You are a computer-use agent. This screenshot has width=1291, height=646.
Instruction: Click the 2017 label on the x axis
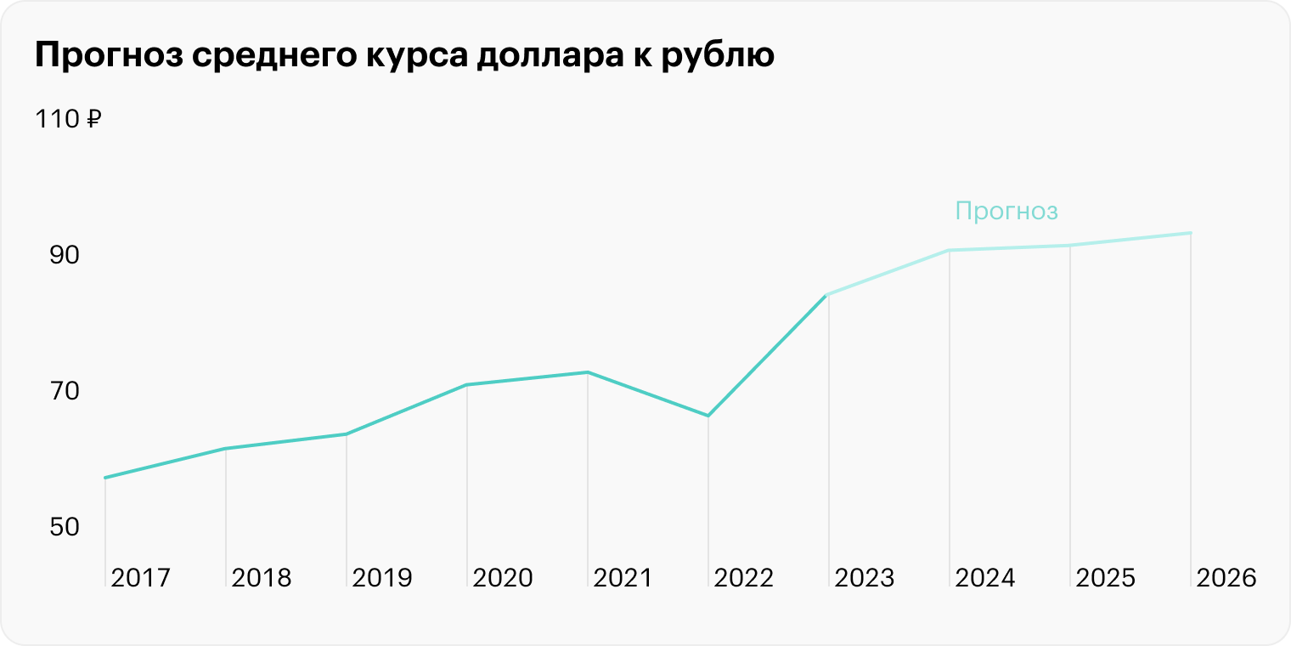tap(140, 578)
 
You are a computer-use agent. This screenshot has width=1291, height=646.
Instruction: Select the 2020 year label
tap(502, 578)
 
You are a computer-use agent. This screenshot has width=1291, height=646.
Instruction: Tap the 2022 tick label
tap(743, 578)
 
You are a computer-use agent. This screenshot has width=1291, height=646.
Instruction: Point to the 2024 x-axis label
tap(984, 578)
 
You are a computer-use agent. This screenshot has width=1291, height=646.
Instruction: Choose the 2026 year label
tap(1226, 578)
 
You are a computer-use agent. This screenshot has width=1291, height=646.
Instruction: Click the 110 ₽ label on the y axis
tap(68, 120)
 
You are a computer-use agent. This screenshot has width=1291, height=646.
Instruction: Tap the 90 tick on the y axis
tap(64, 255)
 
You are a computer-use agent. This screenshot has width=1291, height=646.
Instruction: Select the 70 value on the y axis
tap(64, 391)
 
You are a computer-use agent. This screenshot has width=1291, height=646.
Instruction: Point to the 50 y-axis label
tap(64, 527)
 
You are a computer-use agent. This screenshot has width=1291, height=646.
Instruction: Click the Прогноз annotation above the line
tap(1006, 211)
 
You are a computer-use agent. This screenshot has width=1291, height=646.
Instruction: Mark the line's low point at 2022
tap(708, 416)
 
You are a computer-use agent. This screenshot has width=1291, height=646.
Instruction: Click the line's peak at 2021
tap(588, 372)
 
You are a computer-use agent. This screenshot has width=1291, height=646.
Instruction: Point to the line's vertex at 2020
tap(467, 385)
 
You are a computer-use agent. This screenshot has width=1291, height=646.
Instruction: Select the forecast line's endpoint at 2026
tap(1190, 233)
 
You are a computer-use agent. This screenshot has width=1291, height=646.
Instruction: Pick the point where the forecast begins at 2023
tap(826, 295)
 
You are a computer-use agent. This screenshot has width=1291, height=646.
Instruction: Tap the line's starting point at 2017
tap(105, 478)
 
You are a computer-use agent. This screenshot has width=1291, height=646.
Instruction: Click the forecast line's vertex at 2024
tap(949, 251)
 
